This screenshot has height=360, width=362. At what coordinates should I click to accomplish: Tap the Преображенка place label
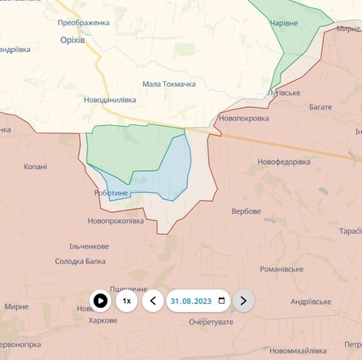click(83, 23)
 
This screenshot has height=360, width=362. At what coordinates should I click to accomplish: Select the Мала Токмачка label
click(169, 84)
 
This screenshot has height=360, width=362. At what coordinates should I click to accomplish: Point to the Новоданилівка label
click(110, 100)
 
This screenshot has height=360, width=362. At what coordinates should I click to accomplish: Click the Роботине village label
click(111, 193)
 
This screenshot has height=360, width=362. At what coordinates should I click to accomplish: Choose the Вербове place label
click(246, 211)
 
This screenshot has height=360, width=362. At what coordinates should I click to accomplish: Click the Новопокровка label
click(243, 118)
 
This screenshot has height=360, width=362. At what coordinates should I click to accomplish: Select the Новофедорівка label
click(284, 162)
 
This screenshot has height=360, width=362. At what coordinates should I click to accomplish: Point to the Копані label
click(35, 167)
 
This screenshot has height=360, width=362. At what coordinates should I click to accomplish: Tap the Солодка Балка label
click(80, 261)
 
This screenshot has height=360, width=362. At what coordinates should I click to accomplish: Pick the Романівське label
click(281, 269)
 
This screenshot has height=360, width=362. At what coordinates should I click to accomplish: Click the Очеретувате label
click(211, 322)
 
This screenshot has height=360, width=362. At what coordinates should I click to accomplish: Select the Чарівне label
click(306, 24)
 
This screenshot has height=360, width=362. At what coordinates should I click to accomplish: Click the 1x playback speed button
click(126, 301)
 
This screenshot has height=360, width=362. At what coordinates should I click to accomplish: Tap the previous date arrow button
click(152, 301)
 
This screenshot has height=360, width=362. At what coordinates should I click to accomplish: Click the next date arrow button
click(243, 301)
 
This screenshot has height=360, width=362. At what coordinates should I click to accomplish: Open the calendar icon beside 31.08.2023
click(222, 301)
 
